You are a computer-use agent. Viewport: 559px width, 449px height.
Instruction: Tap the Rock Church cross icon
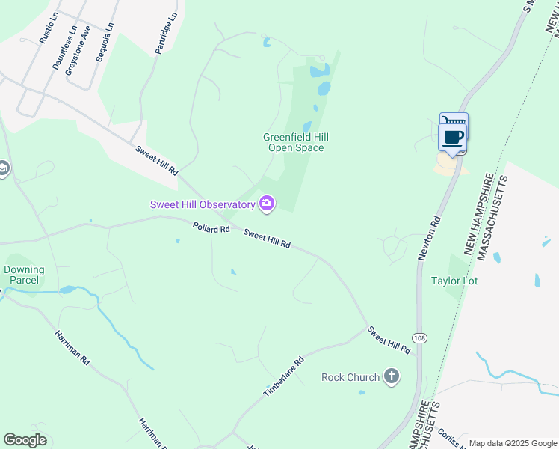point(391,376)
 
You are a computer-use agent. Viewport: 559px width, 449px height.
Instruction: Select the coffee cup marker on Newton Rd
point(454,135)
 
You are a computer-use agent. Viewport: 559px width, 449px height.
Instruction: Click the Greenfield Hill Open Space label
point(296,142)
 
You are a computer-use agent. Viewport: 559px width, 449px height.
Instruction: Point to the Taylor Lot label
point(454,281)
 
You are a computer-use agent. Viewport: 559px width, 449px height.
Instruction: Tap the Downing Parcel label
point(24,275)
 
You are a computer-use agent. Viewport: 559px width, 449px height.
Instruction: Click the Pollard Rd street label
point(211,228)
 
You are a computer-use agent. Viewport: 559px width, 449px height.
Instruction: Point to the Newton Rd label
point(429,238)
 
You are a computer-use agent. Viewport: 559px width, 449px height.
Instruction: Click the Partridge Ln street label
point(167,33)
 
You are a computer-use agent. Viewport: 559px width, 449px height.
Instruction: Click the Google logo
point(25,440)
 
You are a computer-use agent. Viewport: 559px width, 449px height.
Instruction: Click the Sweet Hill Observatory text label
point(203,204)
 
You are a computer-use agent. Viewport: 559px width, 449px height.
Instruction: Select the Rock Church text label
point(350,377)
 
